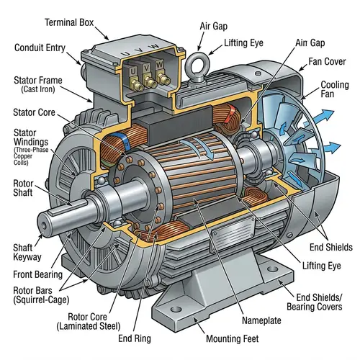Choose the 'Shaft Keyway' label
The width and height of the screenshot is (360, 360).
tap(28, 251)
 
